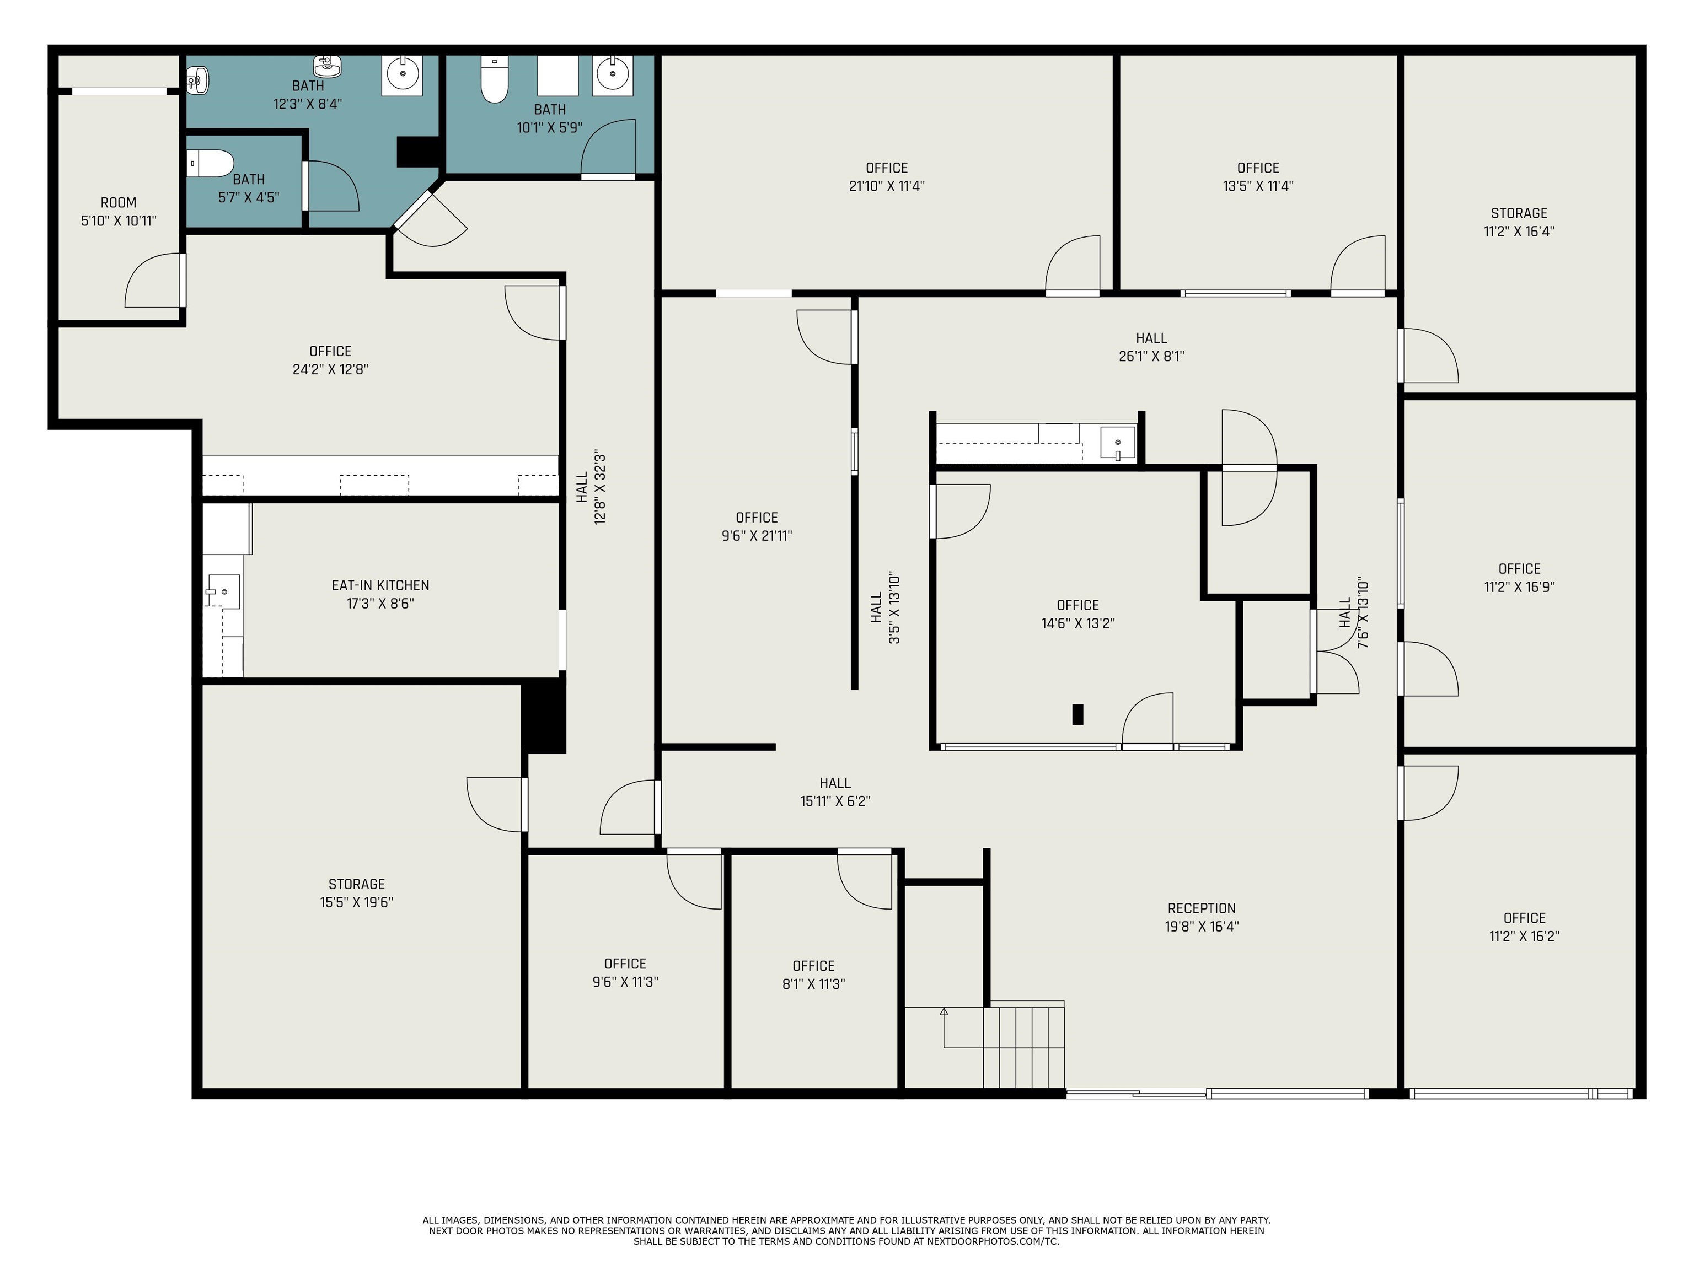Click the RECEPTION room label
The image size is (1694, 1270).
(1202, 908)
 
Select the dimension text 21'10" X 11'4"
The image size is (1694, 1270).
(887, 185)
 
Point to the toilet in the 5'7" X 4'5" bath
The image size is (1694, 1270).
(211, 163)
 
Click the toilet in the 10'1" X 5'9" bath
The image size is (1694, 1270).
(494, 79)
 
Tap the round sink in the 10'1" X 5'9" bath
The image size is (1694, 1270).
(613, 75)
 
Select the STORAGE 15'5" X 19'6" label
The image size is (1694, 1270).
(357, 892)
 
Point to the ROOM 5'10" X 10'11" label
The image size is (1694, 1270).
(119, 211)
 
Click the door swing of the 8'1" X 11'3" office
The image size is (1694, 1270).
(865, 880)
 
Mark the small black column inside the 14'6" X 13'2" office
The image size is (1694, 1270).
(1077, 714)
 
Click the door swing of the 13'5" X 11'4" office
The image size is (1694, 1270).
(1357, 264)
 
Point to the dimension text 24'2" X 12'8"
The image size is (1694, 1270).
(331, 369)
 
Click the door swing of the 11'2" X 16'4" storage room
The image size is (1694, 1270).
(1429, 355)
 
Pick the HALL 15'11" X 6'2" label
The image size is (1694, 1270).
(835, 792)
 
